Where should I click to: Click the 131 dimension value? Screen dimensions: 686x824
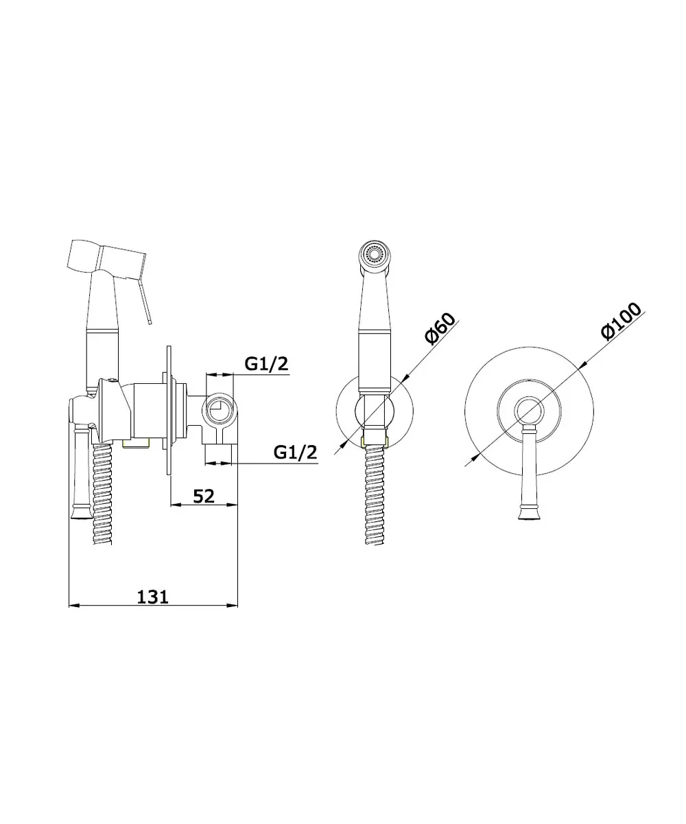click(x=152, y=597)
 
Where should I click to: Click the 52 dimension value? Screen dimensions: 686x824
click(x=204, y=496)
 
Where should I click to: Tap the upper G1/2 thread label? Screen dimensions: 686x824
click(x=267, y=363)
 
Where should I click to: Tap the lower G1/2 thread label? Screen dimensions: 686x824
click(x=295, y=452)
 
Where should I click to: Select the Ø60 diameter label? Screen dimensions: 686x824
click(x=440, y=329)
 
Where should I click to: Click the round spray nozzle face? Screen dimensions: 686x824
click(x=375, y=253)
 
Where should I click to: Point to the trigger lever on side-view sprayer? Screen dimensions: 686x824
click(x=144, y=301)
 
